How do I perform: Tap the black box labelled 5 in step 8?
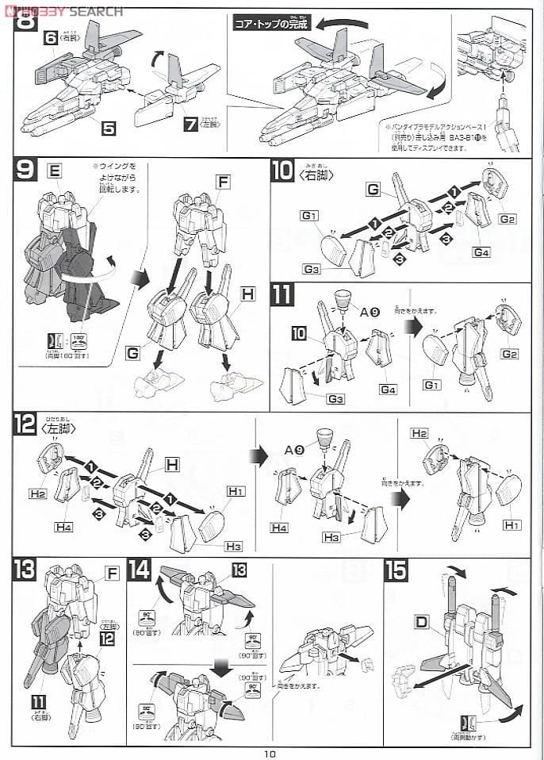(109, 126)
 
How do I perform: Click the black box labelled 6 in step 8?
(50, 38)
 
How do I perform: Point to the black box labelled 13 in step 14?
(239, 570)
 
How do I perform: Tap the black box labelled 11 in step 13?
(37, 701)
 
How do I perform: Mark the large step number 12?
(25, 426)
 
